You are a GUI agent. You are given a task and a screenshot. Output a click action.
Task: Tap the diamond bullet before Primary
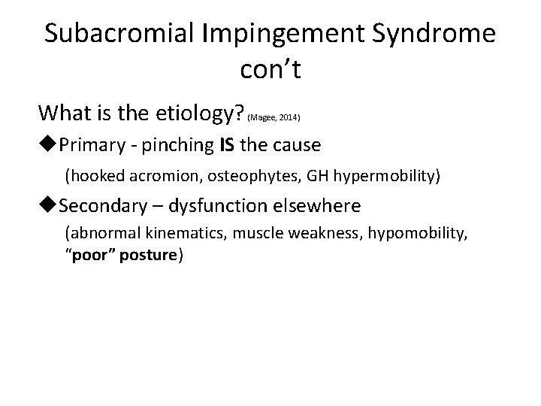click(50, 144)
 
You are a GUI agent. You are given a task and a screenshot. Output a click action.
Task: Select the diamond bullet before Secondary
click(50, 205)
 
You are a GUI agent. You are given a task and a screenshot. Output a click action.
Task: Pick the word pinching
click(173, 144)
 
